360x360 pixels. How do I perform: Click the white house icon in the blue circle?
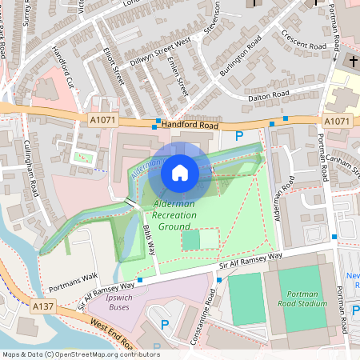tap(180, 172)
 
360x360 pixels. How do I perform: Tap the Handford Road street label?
tap(189, 126)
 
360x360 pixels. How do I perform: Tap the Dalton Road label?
tap(269, 96)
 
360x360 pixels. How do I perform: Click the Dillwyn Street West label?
tap(161, 46)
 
